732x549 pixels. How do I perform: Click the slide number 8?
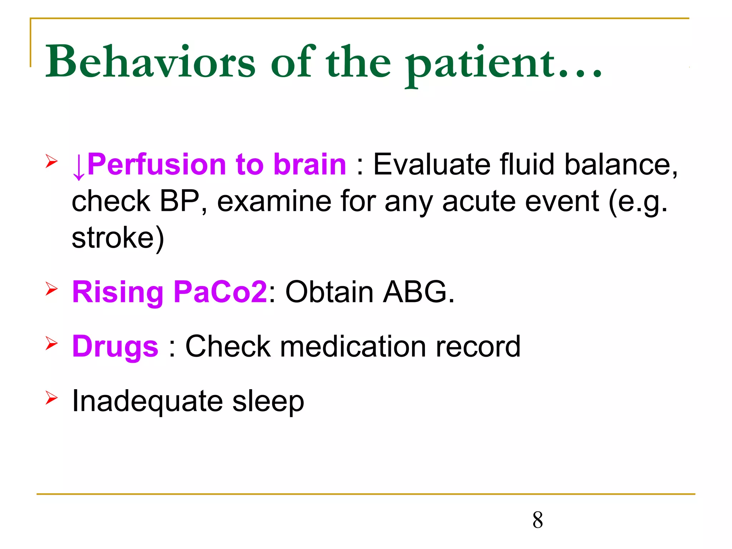pyautogui.click(x=537, y=520)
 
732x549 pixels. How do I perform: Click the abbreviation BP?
pyautogui.click(x=179, y=201)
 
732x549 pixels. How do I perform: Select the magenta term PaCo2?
pyautogui.click(x=220, y=292)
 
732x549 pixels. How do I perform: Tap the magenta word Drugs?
pyautogui.click(x=115, y=347)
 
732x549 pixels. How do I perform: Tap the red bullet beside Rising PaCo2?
pyautogui.click(x=51, y=289)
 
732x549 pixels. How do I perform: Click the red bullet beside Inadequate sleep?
pyautogui.click(x=51, y=398)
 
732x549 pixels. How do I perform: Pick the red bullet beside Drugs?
pyautogui.click(x=51, y=343)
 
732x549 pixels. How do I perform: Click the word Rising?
pyautogui.click(x=118, y=292)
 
